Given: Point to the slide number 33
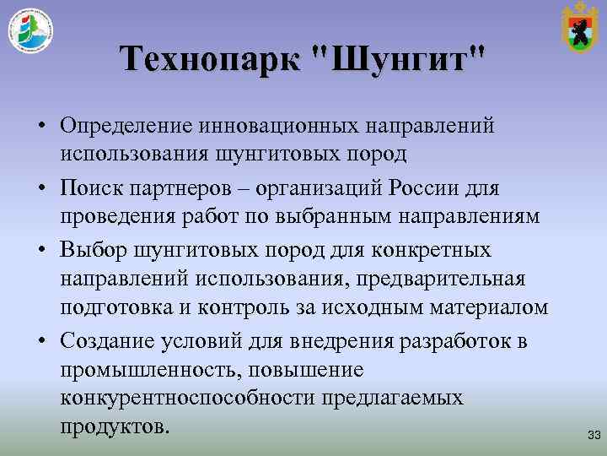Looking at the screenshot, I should [593, 435].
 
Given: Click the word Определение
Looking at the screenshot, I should [125, 126].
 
